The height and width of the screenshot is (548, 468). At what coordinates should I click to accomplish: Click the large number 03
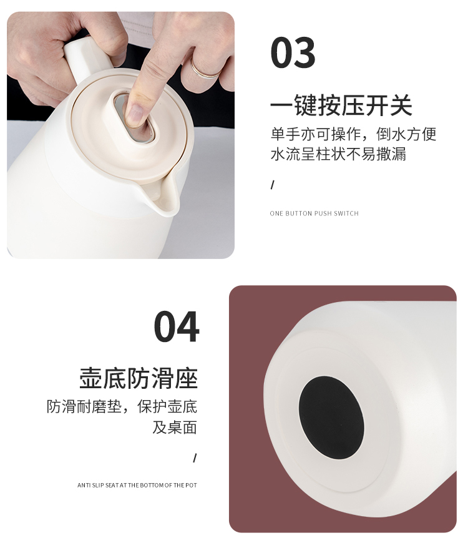tap(293, 52)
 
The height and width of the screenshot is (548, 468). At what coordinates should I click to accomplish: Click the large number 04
tap(177, 326)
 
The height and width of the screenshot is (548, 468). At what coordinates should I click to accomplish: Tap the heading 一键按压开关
tap(341, 105)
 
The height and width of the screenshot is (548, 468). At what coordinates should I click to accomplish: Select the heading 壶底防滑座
tap(139, 378)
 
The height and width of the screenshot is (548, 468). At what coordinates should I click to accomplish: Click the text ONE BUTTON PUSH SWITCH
tap(314, 213)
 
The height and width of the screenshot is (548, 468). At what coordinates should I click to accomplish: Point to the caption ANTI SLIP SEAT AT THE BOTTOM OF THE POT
tap(137, 485)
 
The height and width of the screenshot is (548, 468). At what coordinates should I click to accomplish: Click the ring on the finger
tap(204, 69)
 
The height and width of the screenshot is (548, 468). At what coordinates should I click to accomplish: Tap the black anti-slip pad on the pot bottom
tap(331, 417)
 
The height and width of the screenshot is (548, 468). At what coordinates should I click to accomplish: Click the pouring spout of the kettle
tap(163, 196)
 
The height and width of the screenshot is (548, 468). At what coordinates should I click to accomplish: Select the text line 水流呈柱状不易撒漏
tap(338, 154)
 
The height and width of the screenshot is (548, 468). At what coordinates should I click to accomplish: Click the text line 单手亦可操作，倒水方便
tap(354, 134)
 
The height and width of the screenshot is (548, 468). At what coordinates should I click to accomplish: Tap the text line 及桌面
tap(175, 427)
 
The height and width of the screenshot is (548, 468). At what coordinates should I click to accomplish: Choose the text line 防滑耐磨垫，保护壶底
tap(122, 407)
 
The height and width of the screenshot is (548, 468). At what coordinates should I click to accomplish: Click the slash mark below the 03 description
tap(273, 185)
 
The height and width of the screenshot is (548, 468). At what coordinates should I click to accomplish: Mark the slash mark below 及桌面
tap(195, 458)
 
